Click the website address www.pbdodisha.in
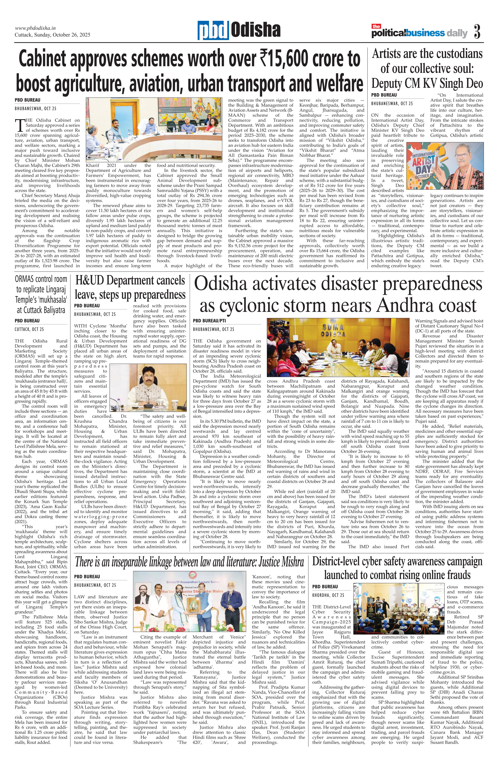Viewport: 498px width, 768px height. coord(36,28)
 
